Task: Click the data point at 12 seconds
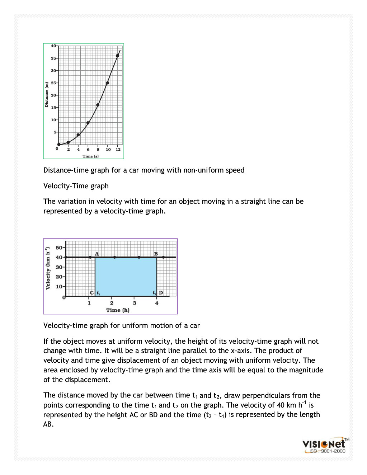point(118,56)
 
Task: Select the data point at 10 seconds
point(108,83)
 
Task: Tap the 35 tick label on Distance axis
point(53,58)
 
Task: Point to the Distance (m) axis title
point(46,95)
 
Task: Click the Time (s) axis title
point(90,156)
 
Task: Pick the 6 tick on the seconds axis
point(88,149)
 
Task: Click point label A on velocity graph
point(97,254)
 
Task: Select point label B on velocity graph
point(156,254)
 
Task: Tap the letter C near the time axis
point(92,293)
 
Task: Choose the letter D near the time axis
point(161,293)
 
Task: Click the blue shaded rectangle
point(126,277)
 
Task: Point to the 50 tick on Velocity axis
point(59,248)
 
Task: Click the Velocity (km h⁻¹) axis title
point(48,268)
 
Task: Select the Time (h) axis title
point(118,310)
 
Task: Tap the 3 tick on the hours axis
point(135,303)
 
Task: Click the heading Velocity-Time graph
point(76,186)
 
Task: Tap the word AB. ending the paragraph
point(48,424)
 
